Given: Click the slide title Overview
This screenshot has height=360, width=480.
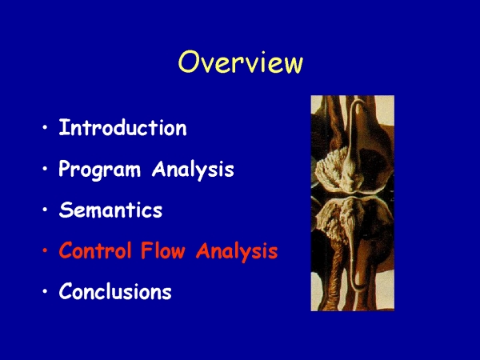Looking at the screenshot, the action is click(241, 62).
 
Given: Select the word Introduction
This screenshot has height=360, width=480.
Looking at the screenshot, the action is click(122, 127).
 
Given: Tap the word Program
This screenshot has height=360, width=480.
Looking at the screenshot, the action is click(99, 169).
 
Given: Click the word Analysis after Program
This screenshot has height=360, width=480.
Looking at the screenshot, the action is click(193, 169).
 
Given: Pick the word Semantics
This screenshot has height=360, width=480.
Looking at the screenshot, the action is click(110, 210).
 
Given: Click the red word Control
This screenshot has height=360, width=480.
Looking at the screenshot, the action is click(95, 250).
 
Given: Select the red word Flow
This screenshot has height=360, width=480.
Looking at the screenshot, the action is click(163, 250).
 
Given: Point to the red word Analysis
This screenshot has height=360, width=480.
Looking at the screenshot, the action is click(237, 251).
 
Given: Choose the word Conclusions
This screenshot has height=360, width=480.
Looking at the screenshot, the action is click(115, 291).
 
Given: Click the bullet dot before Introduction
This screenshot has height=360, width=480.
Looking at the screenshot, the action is click(46, 127).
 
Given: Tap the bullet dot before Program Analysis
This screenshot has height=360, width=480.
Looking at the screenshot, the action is click(46, 168).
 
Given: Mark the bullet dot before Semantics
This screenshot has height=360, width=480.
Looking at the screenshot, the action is click(46, 210).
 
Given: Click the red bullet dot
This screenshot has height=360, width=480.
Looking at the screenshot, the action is click(46, 250).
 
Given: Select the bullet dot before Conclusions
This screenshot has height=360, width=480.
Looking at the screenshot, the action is click(46, 291).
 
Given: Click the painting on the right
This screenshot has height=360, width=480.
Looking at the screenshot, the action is click(353, 203).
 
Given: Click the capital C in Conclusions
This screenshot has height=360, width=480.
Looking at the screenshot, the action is click(66, 291).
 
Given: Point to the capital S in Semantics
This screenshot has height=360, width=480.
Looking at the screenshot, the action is click(66, 210).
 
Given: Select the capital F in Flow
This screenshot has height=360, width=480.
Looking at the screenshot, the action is click(146, 250).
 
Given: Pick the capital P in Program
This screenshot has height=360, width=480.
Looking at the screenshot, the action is click(66, 168).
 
